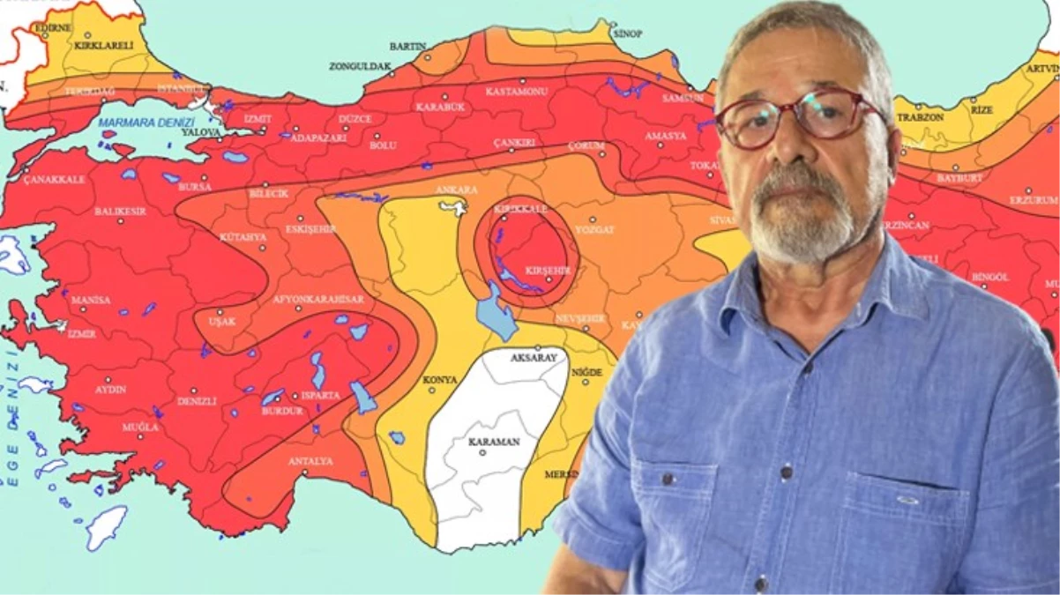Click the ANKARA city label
coord(456,190)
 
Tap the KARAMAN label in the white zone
coord(493,442)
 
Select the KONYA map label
coord(440,380)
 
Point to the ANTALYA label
coord(310,461)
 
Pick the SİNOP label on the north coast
coord(627,33)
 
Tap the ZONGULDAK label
coord(360,66)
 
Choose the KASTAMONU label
coord(517,91)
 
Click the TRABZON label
coord(920,117)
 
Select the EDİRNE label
coord(52,27)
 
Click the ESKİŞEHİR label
coord(311,229)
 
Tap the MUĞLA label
coord(140,428)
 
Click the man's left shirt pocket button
coord(668,479)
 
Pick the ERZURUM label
coord(1034,200)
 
